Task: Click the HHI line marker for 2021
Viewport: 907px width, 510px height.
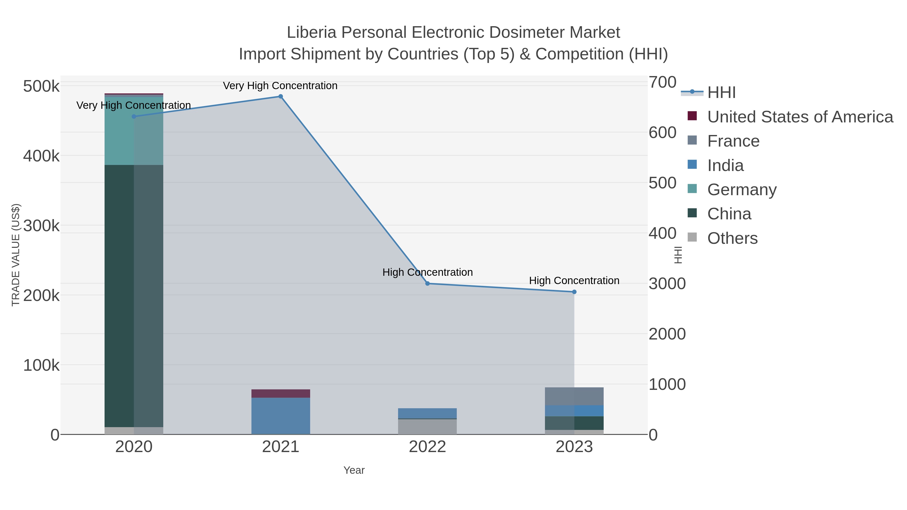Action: coord(281,96)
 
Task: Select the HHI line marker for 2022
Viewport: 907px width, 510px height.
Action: coord(428,283)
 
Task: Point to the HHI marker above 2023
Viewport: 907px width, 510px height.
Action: coord(574,292)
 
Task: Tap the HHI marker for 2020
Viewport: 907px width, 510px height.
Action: coord(134,117)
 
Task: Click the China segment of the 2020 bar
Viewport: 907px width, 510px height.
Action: coord(134,296)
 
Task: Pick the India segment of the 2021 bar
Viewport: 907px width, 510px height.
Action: coord(281,416)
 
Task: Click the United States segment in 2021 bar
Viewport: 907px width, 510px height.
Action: coord(281,393)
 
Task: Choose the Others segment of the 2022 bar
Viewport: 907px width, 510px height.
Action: coord(428,427)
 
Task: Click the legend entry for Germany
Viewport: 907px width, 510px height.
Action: coord(741,190)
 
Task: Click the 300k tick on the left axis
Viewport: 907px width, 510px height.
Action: coord(41,226)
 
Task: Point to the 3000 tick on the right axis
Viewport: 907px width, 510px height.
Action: coord(667,284)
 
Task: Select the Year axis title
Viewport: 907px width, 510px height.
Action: coord(354,470)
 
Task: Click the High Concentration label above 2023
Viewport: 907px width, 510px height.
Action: coord(574,281)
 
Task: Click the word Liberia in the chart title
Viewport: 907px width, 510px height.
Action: coord(311,32)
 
